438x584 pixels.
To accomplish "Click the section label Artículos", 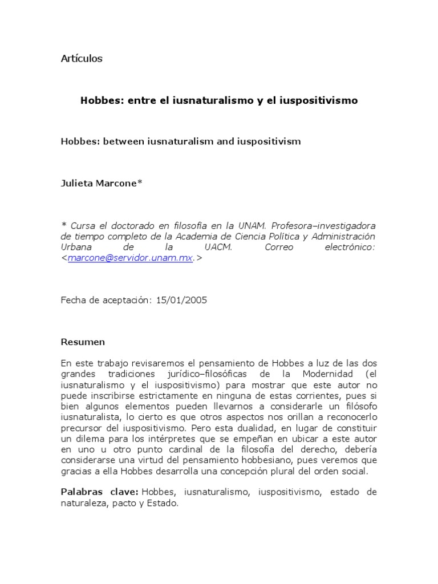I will [82, 59].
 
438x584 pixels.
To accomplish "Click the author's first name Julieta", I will [78, 184].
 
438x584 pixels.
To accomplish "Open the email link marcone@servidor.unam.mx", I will [130, 258].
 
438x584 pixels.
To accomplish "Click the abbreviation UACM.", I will [218, 247].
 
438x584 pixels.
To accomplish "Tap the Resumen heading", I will [83, 342].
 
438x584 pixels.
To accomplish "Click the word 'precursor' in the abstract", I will [80, 428].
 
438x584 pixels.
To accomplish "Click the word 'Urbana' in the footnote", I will [76, 247].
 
